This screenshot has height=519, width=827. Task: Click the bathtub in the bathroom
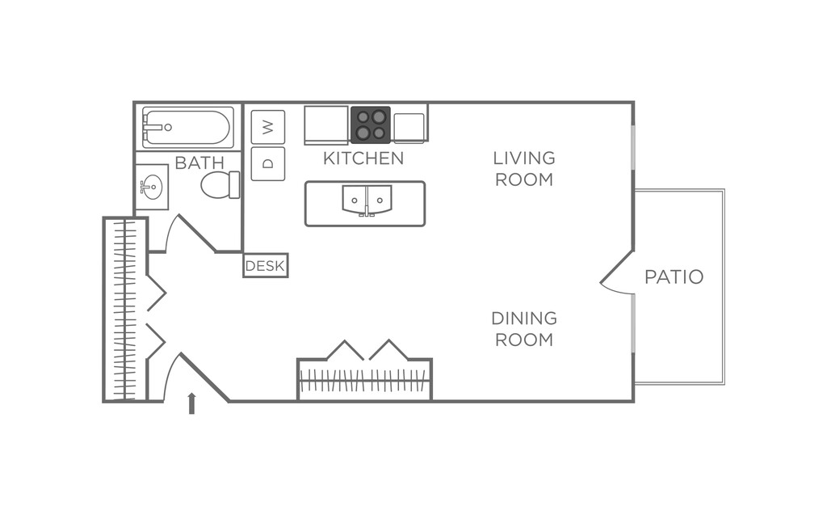187,127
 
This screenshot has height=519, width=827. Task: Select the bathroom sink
151,187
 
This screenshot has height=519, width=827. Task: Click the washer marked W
268,127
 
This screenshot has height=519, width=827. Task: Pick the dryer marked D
268,163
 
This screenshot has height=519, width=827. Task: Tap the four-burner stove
371,124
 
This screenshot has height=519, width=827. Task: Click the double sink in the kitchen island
367,199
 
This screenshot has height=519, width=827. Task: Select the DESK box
266,266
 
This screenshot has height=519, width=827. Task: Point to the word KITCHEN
363,158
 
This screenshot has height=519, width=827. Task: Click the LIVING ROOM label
524,168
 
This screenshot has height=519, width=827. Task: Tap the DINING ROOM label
524,329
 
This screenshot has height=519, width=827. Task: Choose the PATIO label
674,277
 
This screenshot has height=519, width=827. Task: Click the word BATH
199,162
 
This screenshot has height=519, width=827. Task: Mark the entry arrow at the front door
191,403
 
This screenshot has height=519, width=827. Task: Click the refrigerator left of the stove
326,124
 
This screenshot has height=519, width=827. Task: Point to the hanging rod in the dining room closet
364,380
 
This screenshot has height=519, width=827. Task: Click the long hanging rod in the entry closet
124,310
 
